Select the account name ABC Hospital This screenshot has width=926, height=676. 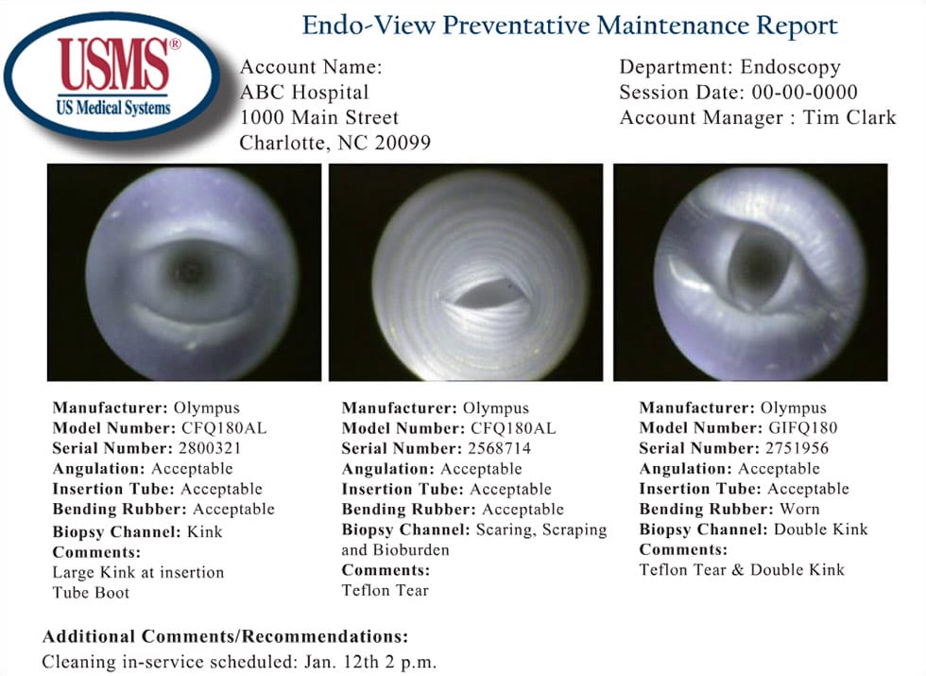coord(304,93)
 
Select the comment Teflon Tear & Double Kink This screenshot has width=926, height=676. coord(742,569)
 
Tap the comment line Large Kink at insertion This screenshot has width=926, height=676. coord(138,572)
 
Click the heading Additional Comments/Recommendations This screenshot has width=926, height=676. coord(225,635)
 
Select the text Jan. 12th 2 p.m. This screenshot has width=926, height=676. coord(377,661)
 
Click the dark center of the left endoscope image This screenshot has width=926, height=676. coord(185,272)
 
